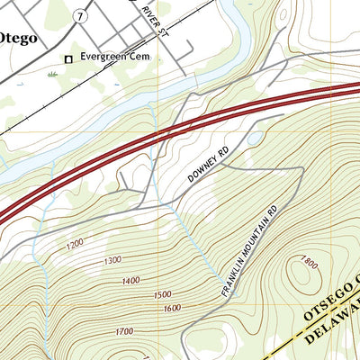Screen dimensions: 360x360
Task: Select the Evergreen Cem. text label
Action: (x=113, y=57)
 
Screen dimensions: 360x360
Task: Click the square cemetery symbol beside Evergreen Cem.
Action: (x=67, y=60)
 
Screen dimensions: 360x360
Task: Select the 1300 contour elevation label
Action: (x=112, y=261)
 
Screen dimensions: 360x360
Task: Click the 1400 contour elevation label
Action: (x=130, y=281)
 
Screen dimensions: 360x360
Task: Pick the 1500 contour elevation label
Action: (x=162, y=294)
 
